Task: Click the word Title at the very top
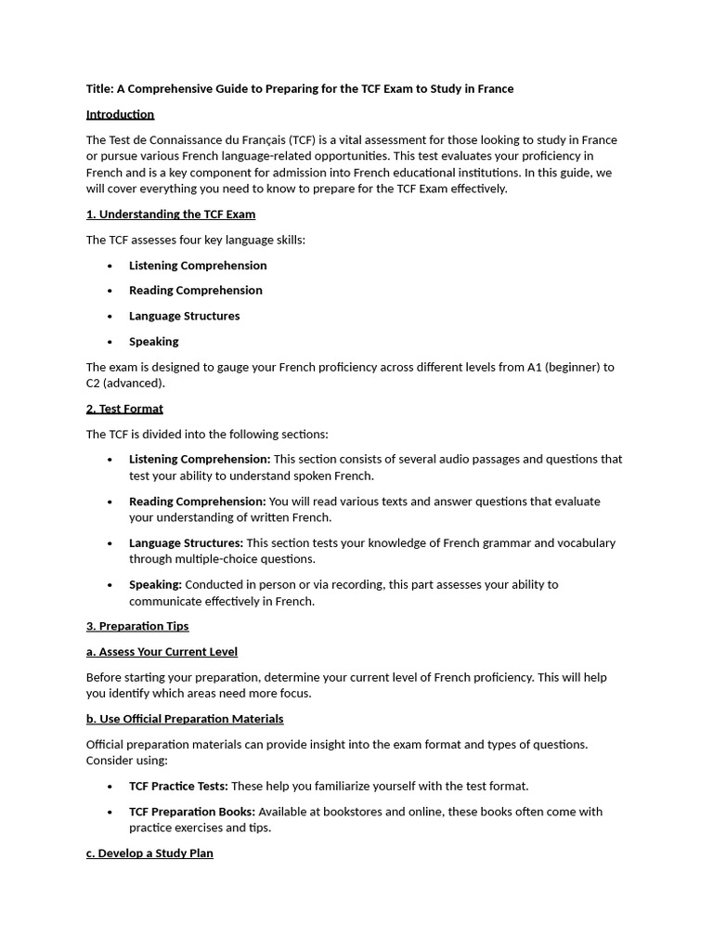pyautogui.click(x=99, y=89)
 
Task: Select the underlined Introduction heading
pyautogui.click(x=120, y=114)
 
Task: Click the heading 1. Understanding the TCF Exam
pyautogui.click(x=170, y=215)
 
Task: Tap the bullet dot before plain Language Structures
pyautogui.click(x=110, y=317)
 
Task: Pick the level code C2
pyautogui.click(x=94, y=384)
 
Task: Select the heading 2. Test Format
pyautogui.click(x=124, y=409)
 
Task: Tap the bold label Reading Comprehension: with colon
pyautogui.click(x=197, y=502)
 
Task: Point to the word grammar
pyautogui.click(x=507, y=543)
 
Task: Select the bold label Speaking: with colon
pyautogui.click(x=155, y=585)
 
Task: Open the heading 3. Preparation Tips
pyautogui.click(x=137, y=627)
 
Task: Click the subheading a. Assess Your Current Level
pyautogui.click(x=162, y=652)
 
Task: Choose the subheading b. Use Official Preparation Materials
pyautogui.click(x=185, y=720)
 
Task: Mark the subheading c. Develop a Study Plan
pyautogui.click(x=149, y=853)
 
